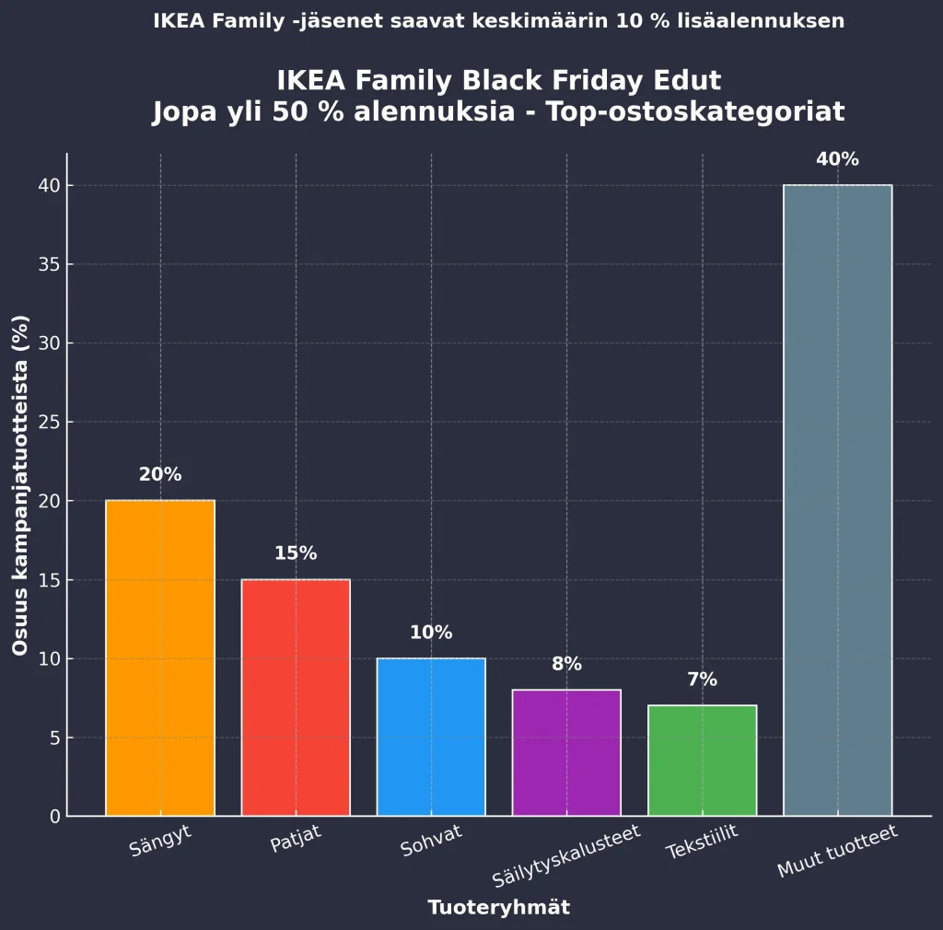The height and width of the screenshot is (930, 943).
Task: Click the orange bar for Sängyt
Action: [x=160, y=657]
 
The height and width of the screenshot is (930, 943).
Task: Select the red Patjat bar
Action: [x=296, y=697]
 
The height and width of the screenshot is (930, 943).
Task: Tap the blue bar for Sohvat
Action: [x=431, y=737]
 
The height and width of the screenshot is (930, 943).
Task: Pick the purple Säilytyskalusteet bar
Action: [x=566, y=752]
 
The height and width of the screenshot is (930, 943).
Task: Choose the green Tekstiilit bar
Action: [x=702, y=761]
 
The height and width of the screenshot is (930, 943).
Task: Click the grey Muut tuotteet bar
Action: [x=837, y=500]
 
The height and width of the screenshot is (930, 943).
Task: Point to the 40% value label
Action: [x=837, y=159]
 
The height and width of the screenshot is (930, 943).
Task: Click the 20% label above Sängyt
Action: [x=160, y=475]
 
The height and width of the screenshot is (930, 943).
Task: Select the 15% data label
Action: [x=296, y=553]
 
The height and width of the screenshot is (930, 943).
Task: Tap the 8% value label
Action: [x=566, y=664]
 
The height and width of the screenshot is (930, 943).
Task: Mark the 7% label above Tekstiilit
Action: [x=702, y=680]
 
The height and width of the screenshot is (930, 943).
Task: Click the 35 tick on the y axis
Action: [x=49, y=264]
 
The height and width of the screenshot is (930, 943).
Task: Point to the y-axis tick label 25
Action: [x=49, y=422]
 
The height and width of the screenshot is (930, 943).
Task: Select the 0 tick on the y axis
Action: [x=54, y=816]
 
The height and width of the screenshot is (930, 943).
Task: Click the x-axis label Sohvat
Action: [x=431, y=841]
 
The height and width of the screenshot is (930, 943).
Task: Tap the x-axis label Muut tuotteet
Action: [x=837, y=852]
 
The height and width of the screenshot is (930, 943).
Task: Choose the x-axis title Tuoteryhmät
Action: [x=498, y=908]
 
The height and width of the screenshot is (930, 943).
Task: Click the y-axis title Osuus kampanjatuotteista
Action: [x=20, y=485]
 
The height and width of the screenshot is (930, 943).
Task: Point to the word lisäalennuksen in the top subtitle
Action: [x=770, y=20]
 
